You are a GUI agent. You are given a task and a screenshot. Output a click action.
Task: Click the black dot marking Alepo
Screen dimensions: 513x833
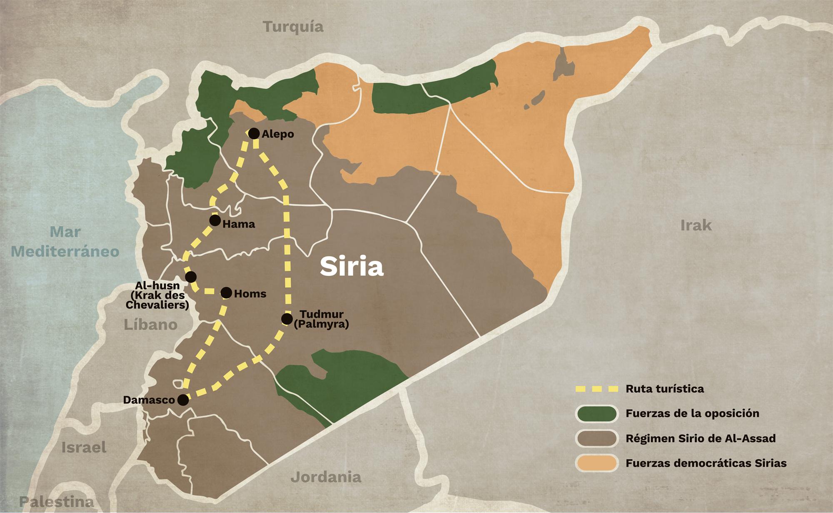pyautogui.click(x=253, y=133)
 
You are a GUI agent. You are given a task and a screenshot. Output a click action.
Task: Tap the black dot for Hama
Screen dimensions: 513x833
pyautogui.click(x=215, y=220)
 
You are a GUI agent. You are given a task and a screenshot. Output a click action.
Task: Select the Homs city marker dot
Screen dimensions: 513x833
pyautogui.click(x=226, y=293)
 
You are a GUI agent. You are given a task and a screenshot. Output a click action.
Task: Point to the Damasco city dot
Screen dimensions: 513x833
pyautogui.click(x=182, y=400)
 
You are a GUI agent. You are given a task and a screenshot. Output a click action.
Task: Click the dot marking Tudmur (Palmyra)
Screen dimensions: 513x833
pyautogui.click(x=287, y=319)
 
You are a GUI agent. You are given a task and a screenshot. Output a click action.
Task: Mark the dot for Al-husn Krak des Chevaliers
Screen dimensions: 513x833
pyautogui.click(x=191, y=277)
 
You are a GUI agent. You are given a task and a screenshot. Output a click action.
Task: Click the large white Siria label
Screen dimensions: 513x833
pyautogui.click(x=352, y=267)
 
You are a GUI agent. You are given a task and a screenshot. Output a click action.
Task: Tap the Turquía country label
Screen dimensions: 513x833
pyautogui.click(x=294, y=27)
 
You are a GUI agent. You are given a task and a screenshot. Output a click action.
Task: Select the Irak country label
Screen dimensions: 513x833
pyautogui.click(x=696, y=225)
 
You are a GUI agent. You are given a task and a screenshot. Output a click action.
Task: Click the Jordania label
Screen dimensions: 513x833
pyautogui.click(x=326, y=476)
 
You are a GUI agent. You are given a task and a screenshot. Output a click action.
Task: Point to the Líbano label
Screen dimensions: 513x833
pyautogui.click(x=150, y=325)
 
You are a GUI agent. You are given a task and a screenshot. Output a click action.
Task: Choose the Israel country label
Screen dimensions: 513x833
pyautogui.click(x=84, y=448)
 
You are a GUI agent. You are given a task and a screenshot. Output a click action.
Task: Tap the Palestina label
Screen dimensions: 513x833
pyautogui.click(x=57, y=501)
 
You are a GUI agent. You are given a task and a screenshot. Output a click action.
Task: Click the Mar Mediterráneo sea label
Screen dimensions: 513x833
pyautogui.click(x=65, y=242)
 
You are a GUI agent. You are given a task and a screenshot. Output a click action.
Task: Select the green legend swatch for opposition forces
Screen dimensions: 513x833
pyautogui.click(x=597, y=413)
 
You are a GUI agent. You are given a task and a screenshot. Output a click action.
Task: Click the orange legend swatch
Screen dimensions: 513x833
pyautogui.click(x=597, y=463)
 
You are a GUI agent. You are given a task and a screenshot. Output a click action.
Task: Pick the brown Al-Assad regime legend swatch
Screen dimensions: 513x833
pyautogui.click(x=597, y=438)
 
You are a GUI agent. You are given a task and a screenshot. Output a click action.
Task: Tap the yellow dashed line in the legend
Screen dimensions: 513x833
pyautogui.click(x=597, y=389)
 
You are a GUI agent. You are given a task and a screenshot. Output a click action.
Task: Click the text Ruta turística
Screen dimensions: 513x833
pyautogui.click(x=665, y=389)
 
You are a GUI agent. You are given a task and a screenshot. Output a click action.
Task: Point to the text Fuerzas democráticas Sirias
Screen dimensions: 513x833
pyautogui.click(x=706, y=463)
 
